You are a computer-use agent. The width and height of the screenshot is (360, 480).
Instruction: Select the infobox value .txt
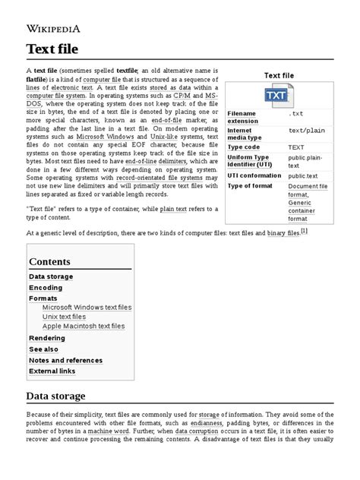coord(296,113)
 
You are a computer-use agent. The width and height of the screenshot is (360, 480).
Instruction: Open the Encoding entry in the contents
coord(46,288)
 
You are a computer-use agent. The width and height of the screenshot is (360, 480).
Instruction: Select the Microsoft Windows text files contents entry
coord(87,308)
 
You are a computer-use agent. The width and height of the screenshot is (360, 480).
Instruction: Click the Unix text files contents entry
coord(64,317)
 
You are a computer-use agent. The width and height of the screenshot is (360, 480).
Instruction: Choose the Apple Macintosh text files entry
coord(84,326)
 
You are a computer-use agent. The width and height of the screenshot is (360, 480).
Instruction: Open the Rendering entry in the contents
coord(47,338)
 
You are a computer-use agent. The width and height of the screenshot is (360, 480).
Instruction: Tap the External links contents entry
coord(52,371)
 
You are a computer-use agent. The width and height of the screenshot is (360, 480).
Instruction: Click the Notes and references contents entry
coord(65,359)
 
